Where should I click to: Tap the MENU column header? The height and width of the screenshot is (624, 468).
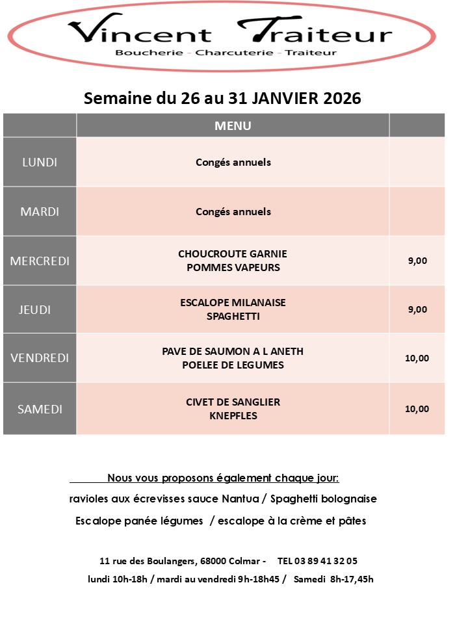pyautogui.click(x=233, y=125)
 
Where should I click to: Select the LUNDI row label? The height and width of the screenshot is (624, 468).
pyautogui.click(x=40, y=162)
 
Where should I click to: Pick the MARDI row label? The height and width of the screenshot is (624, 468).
pyautogui.click(x=40, y=211)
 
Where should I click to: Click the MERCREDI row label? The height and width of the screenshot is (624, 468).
pyautogui.click(x=40, y=261)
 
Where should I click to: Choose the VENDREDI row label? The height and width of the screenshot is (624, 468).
pyautogui.click(x=40, y=357)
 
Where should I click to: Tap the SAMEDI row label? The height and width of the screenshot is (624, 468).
pyautogui.click(x=40, y=409)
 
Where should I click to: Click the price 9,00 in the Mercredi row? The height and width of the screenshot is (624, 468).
pyautogui.click(x=417, y=261)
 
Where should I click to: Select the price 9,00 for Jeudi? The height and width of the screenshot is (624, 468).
pyautogui.click(x=417, y=309)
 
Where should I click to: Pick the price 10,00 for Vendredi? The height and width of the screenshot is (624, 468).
pyautogui.click(x=417, y=357)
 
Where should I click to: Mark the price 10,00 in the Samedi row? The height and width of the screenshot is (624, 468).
pyautogui.click(x=417, y=409)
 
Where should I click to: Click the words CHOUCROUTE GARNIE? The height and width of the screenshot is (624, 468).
pyautogui.click(x=233, y=253)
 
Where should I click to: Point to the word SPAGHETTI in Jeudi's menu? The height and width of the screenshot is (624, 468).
pyautogui.click(x=233, y=317)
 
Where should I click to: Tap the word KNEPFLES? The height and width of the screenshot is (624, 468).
pyautogui.click(x=233, y=415)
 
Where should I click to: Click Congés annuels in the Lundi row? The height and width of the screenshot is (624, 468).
pyautogui.click(x=233, y=162)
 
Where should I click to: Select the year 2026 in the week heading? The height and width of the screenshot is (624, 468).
pyautogui.click(x=338, y=98)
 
